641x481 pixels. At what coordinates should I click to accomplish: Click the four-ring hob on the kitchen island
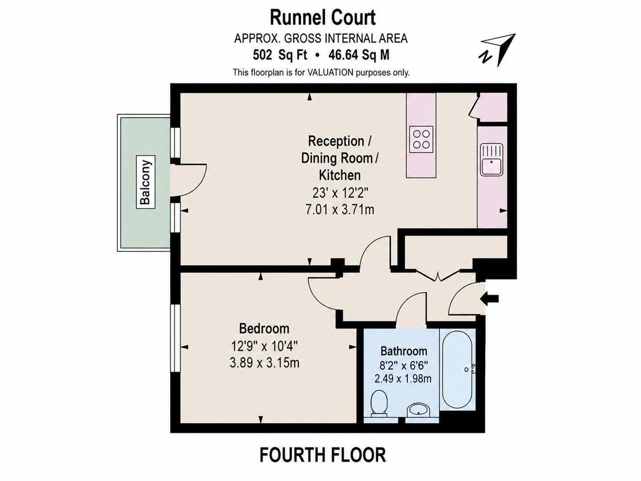[x=421, y=139]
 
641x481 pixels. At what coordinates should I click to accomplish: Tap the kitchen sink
[x=492, y=159]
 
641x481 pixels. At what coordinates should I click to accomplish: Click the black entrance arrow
[x=491, y=298]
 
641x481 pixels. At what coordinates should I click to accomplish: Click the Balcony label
[x=146, y=182]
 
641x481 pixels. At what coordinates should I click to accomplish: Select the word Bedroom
[x=264, y=329]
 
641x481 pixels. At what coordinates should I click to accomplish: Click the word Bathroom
[x=404, y=351]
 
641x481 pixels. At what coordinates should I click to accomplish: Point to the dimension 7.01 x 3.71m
[x=340, y=210]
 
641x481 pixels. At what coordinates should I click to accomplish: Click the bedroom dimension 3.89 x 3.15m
[x=264, y=363]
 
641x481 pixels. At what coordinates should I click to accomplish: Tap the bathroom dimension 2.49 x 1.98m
[x=403, y=379]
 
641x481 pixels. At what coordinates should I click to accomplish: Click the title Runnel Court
[x=323, y=18]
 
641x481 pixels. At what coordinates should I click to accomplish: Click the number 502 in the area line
[x=262, y=55]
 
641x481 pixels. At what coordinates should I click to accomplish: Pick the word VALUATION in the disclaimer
[x=330, y=73]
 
